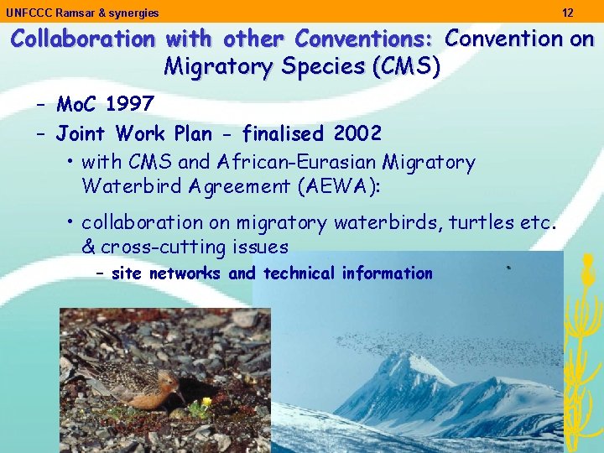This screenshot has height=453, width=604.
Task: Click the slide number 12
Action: (x=568, y=13)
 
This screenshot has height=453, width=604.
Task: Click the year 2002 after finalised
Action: (x=358, y=133)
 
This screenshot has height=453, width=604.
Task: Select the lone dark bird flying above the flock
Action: (x=508, y=268)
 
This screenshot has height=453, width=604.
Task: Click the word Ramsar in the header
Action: (x=70, y=13)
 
